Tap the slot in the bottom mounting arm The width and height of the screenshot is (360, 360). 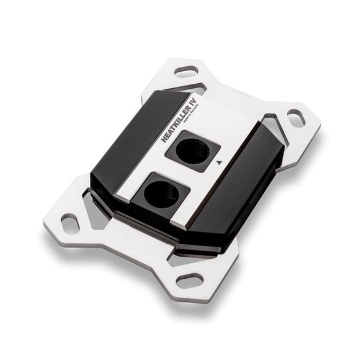tap(189, 279)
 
